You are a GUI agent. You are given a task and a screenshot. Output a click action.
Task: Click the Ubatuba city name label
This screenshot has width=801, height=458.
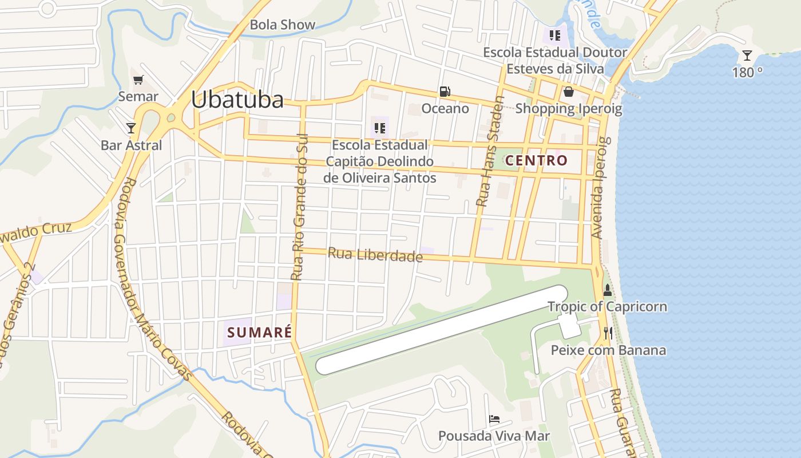[237, 100]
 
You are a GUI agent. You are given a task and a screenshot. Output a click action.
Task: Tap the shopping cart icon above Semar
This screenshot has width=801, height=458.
[138, 80]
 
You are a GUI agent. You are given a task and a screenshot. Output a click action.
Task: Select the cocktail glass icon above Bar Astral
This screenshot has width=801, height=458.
[131, 128]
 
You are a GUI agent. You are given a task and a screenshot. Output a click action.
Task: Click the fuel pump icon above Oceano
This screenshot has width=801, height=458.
[445, 92]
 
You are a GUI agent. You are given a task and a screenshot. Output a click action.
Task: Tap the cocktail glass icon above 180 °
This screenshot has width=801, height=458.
[747, 56]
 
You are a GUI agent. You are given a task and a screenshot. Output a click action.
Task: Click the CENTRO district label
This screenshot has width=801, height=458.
[536, 160]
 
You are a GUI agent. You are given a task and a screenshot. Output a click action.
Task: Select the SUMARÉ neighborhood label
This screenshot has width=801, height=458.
[260, 332]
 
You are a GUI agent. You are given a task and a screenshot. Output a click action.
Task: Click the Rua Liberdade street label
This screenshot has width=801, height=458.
[375, 255]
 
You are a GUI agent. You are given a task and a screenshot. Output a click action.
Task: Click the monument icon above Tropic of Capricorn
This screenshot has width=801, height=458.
[608, 290]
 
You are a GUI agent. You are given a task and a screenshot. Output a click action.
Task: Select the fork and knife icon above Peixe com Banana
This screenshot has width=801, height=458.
[608, 333]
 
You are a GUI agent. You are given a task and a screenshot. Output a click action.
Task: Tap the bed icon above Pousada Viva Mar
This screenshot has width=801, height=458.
[494, 420]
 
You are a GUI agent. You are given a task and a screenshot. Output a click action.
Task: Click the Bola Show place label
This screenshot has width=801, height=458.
[283, 25]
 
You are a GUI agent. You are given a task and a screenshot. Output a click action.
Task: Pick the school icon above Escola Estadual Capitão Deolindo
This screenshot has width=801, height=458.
[379, 128]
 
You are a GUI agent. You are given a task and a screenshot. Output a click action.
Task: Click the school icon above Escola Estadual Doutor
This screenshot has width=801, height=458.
[554, 35]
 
